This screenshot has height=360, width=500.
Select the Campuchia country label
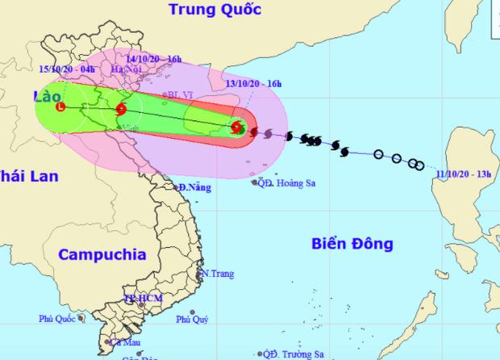[x=102, y=254]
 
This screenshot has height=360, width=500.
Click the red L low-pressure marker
[x=60, y=107]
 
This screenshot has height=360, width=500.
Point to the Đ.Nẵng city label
[x=194, y=188]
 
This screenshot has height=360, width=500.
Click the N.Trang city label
[x=217, y=274]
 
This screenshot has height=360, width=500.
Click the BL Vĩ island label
[x=175, y=95]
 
